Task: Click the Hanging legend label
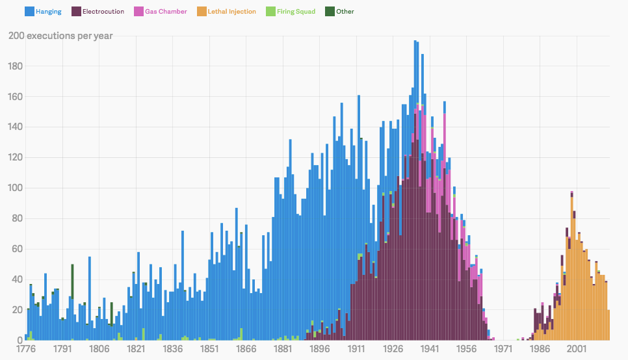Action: (x=48, y=12)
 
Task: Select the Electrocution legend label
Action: (x=103, y=12)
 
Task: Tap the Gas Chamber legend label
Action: (x=166, y=12)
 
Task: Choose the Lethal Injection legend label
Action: (x=231, y=12)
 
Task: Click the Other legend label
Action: (x=345, y=12)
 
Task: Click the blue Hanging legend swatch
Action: (x=29, y=12)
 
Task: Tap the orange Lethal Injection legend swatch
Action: (x=202, y=12)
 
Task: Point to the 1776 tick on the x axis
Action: (x=26, y=349)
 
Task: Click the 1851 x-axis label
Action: (x=209, y=349)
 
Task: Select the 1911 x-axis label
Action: (x=356, y=349)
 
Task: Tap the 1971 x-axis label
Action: (x=503, y=349)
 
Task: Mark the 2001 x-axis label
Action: (x=577, y=349)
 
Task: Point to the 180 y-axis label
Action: (x=15, y=66)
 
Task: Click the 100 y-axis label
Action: (x=15, y=188)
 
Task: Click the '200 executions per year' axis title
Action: (x=60, y=36)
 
